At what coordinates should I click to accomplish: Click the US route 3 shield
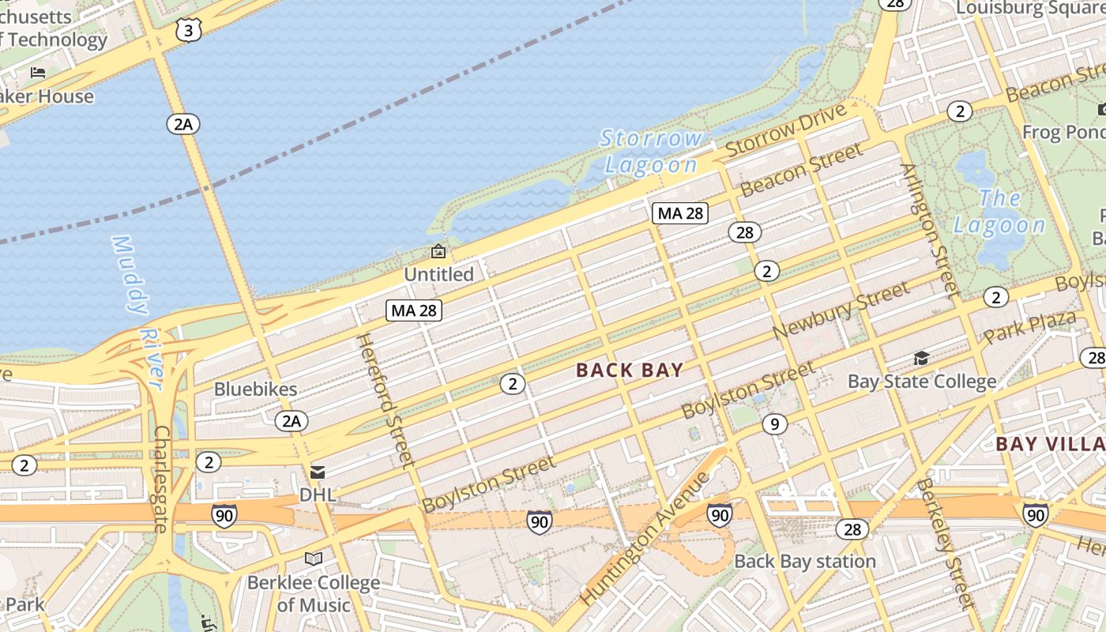pyautogui.click(x=189, y=30)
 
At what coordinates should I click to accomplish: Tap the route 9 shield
pyautogui.click(x=775, y=424)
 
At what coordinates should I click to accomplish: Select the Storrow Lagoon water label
pyautogui.click(x=650, y=152)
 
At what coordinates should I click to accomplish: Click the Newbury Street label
pyautogui.click(x=841, y=311)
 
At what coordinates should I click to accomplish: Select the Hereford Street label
pyautogui.click(x=386, y=400)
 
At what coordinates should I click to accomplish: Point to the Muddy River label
pyautogui.click(x=139, y=312)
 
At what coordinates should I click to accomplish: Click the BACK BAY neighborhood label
pyautogui.click(x=630, y=370)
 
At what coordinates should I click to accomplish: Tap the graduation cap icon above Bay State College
pyautogui.click(x=921, y=359)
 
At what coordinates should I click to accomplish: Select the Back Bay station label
pyautogui.click(x=805, y=562)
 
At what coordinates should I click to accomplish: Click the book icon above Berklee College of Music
pyautogui.click(x=314, y=559)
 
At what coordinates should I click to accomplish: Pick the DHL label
pyautogui.click(x=318, y=495)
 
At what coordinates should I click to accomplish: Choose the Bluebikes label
pyautogui.click(x=256, y=389)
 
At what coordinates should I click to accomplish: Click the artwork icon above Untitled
pyautogui.click(x=438, y=252)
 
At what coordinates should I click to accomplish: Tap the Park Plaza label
pyautogui.click(x=1029, y=327)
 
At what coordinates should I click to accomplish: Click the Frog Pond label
pyautogui.click(x=1063, y=131)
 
